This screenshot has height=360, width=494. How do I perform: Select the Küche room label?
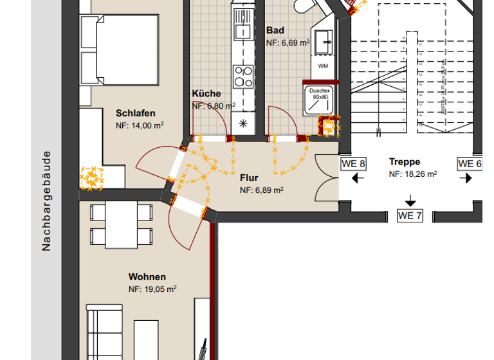pyautogui.click(x=206, y=93)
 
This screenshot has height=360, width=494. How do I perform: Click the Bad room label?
pyautogui.click(x=275, y=30)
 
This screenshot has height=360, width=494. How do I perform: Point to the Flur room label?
pyautogui.click(x=249, y=177)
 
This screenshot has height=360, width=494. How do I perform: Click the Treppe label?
pyautogui.click(x=405, y=161)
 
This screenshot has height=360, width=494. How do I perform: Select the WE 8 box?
pyautogui.click(x=353, y=163)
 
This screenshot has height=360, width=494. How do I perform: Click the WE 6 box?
pyautogui.click(x=470, y=163)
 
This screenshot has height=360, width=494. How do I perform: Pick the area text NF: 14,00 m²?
pyautogui.click(x=139, y=125)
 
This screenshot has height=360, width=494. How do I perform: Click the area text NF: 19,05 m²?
pyautogui.click(x=153, y=289)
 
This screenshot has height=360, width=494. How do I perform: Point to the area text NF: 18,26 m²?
pyautogui.click(x=413, y=174)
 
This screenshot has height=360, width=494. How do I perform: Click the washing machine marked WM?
pyautogui.click(x=323, y=65)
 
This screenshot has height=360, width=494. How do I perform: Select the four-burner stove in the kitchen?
pyautogui.click(x=243, y=76)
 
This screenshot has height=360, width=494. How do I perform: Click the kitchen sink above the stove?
pyautogui.click(x=243, y=29)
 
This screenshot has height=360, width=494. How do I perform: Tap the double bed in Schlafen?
pyautogui.click(x=119, y=50)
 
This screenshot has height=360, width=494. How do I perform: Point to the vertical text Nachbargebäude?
pyautogui.click(x=46, y=201)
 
